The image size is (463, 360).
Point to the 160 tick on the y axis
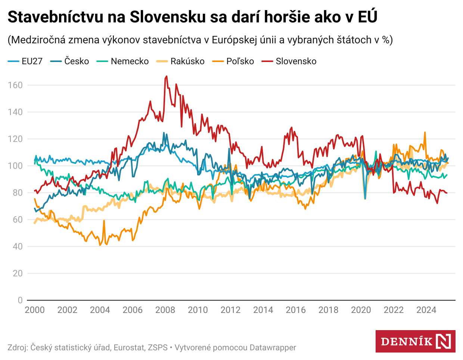(15, 85)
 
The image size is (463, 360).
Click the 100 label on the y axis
(15, 166)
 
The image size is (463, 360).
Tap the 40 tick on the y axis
(18, 246)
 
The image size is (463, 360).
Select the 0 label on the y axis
(20, 300)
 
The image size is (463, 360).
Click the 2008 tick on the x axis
(165, 310)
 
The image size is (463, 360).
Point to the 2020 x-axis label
(361, 310)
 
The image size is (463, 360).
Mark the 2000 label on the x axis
(35, 310)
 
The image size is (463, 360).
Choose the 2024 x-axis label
(426, 310)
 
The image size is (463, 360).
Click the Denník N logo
(415, 341)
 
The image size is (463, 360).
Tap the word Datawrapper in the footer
(273, 348)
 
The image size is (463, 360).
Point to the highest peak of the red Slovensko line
(167, 76)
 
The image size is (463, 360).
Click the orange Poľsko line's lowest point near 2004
(100, 245)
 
